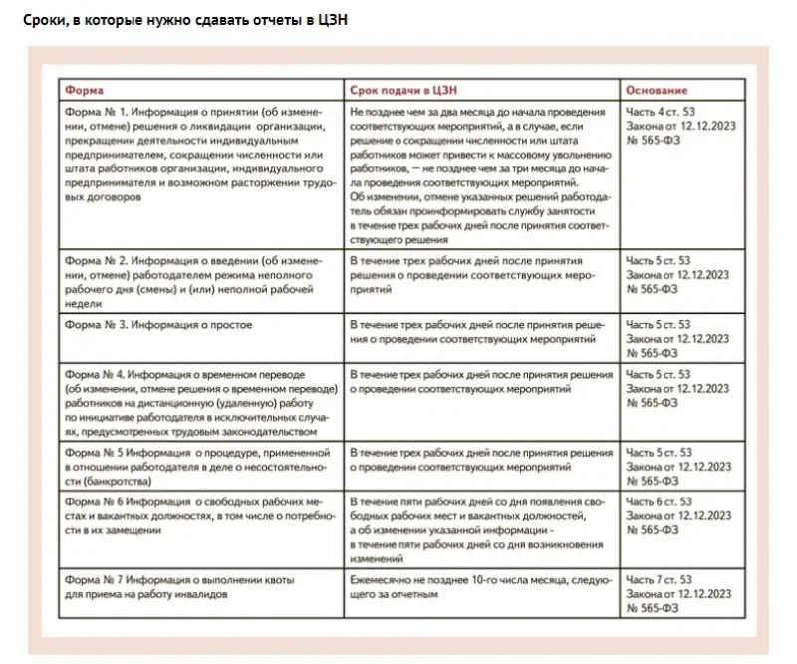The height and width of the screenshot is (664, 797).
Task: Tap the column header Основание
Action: pyautogui.click(x=653, y=89)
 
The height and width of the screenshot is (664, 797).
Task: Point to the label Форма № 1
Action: pyautogui.click(x=94, y=110)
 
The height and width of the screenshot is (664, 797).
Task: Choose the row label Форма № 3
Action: pyautogui.click(x=94, y=325)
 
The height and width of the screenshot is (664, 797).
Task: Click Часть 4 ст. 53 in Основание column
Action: pyautogui.click(x=658, y=110)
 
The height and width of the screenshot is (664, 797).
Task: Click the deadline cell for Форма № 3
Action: pyautogui.click(x=479, y=332)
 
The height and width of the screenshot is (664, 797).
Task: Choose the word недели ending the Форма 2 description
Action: pyautogui.click(x=83, y=301)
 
